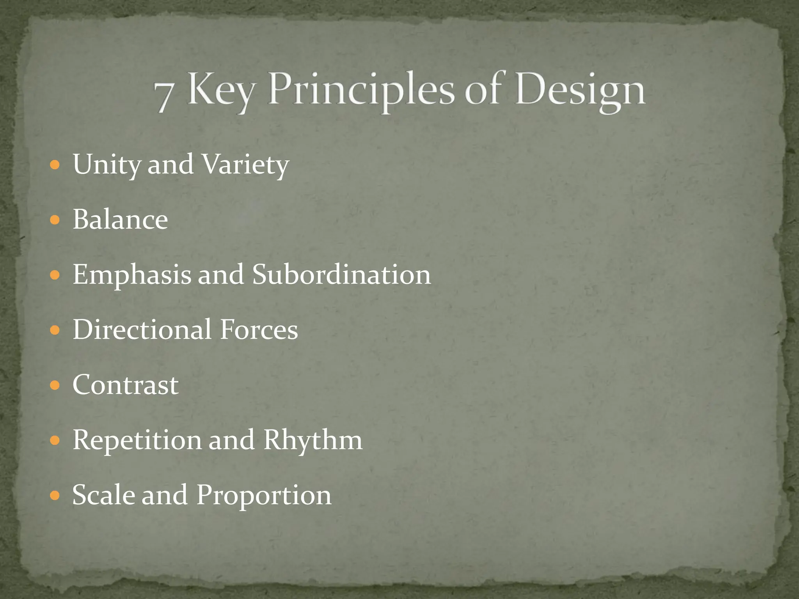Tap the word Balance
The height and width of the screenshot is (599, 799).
tap(120, 220)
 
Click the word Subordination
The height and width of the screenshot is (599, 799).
tap(341, 275)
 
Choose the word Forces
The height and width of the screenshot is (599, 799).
tap(259, 330)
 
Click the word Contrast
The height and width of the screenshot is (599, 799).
tap(125, 385)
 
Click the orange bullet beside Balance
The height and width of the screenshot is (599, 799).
tap(55, 220)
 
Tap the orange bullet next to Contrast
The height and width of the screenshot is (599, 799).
tap(55, 385)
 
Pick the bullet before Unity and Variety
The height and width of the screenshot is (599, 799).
tap(55, 165)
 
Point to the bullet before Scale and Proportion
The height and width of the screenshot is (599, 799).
tap(55, 496)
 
